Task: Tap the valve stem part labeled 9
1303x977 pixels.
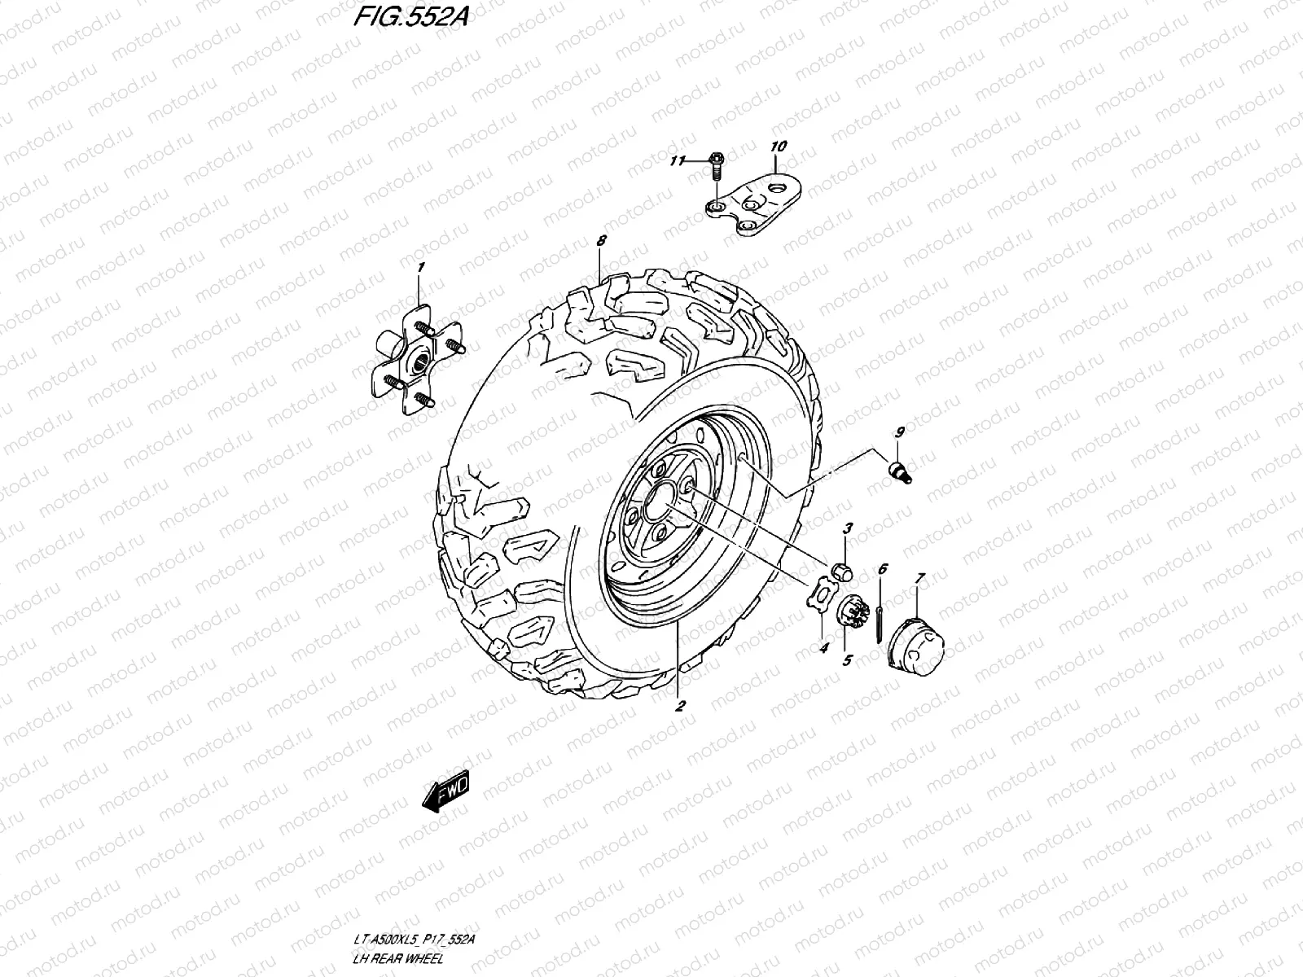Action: click(x=899, y=471)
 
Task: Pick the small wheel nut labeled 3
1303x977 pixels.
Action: click(x=845, y=571)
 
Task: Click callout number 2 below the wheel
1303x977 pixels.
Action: click(x=679, y=705)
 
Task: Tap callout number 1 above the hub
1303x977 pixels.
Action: click(x=420, y=268)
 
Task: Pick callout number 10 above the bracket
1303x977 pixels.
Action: click(x=778, y=147)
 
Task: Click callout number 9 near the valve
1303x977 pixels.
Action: click(x=900, y=432)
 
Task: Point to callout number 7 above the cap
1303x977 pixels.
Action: click(x=919, y=578)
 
